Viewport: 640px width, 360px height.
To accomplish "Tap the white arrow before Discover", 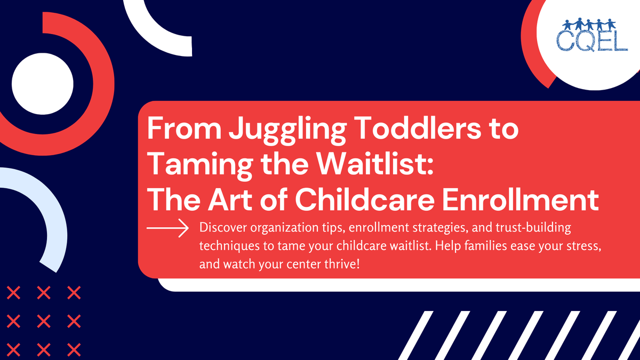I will click(x=167, y=228).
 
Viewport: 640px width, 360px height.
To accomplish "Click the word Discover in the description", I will click(x=221, y=228).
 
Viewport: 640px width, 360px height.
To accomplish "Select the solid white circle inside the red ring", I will click(x=42, y=85).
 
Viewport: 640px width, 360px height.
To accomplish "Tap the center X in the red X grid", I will click(x=44, y=321).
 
